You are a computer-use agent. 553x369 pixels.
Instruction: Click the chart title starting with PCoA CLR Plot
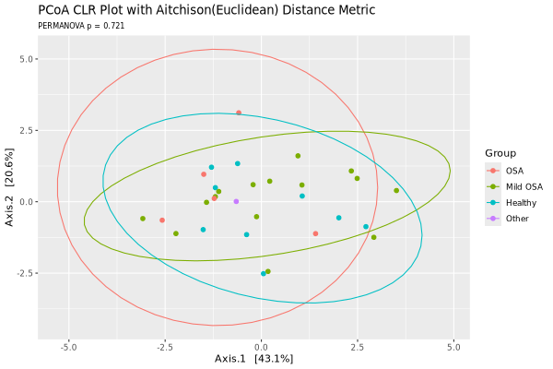pyautogui.click(x=194, y=10)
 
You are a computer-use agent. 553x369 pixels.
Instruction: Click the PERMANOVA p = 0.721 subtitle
pyautogui.click(x=81, y=26)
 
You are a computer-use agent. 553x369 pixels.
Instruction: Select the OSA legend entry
pyautogui.click(x=514, y=171)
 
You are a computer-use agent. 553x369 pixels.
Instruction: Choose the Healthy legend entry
pyautogui.click(x=520, y=202)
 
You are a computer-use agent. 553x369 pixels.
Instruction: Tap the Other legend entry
pyautogui.click(x=517, y=219)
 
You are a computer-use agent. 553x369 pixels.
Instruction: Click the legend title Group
pyautogui.click(x=500, y=153)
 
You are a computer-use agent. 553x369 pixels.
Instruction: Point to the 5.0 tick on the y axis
pyautogui.click(x=26, y=58)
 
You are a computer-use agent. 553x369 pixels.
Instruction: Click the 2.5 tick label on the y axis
pyautogui.click(x=26, y=130)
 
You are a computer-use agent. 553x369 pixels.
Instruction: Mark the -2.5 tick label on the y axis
pyautogui.click(x=24, y=273)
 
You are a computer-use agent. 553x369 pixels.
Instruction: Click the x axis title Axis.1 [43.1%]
pyautogui.click(x=253, y=359)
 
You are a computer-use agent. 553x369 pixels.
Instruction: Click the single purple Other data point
pyautogui.click(x=236, y=201)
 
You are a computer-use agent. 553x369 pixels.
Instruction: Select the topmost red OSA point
pyautogui.click(x=239, y=113)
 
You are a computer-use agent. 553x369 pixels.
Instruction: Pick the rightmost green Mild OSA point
pyautogui.click(x=396, y=191)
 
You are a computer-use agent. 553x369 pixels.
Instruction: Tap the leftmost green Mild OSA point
pyautogui.click(x=143, y=219)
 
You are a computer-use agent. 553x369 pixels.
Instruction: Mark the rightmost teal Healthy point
pyautogui.click(x=366, y=227)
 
